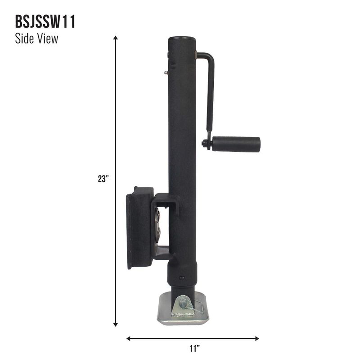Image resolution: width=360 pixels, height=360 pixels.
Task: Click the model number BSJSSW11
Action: [45, 22]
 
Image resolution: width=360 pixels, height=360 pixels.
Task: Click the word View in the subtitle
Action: [48, 39]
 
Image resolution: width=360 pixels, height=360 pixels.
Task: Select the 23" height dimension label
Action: [103, 179]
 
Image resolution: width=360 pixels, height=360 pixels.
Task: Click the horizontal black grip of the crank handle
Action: [236, 144]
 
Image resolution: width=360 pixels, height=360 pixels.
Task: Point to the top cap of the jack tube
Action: [182, 39]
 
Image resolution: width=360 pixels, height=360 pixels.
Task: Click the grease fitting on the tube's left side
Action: [166, 72]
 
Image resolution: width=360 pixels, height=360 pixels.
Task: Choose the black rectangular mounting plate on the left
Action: [139, 227]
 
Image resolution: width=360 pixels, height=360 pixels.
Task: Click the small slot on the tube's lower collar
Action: [182, 277]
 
